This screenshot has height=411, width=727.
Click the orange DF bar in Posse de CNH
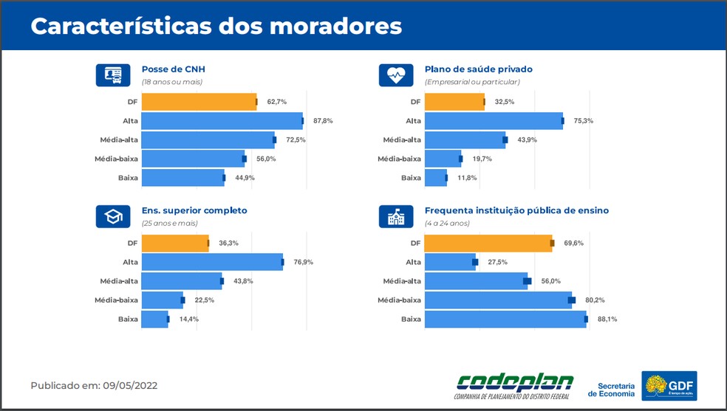pyautogui.click(x=199, y=102)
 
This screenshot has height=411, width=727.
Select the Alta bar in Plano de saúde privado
pyautogui.click(x=493, y=121)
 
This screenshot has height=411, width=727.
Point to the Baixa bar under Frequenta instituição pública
pyautogui.click(x=505, y=319)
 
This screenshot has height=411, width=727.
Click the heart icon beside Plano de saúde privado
pyautogui.click(x=396, y=75)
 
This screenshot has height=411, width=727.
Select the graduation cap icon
pyautogui.click(x=113, y=216)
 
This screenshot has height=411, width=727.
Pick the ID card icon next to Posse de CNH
pyautogui.click(x=113, y=75)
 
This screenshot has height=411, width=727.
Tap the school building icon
pyautogui.click(x=396, y=216)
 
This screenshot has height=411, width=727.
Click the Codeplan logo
pyautogui.click(x=515, y=385)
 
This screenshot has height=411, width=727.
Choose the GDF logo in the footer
pyautogui.click(x=669, y=385)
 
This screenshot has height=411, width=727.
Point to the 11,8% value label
pyautogui.click(x=467, y=178)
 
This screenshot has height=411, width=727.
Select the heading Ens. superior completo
pyautogui.click(x=194, y=210)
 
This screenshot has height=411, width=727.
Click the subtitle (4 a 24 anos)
pyautogui.click(x=447, y=223)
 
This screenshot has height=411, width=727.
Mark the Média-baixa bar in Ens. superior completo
pyautogui.click(x=162, y=300)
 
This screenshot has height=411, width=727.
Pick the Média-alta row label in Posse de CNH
pyautogui.click(x=119, y=139)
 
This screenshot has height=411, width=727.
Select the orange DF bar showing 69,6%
pyautogui.click(x=488, y=243)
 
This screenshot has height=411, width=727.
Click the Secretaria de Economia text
pyautogui.click(x=612, y=390)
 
